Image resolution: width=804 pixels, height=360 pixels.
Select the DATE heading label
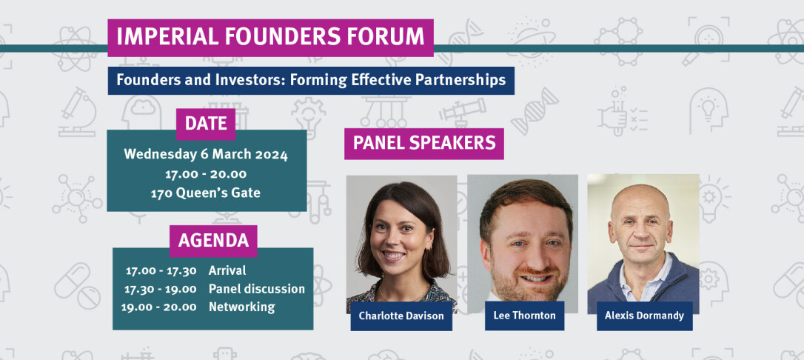206,124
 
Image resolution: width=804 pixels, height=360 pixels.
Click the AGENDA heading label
213,241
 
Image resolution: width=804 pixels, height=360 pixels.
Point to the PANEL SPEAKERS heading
424,143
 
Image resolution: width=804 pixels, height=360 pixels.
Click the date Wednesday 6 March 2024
206,155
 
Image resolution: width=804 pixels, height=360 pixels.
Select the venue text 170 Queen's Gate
206,193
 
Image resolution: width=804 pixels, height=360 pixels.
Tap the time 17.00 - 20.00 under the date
206,174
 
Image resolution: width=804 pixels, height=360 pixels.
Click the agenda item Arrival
227,270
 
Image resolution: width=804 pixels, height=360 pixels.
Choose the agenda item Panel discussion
256,289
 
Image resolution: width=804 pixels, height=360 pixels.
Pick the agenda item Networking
241,307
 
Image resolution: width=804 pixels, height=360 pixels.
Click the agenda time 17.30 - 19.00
161,289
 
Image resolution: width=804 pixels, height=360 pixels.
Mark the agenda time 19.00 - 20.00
159,307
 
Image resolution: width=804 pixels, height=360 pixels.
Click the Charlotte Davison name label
401,316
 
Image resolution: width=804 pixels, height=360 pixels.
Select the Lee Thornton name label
524,316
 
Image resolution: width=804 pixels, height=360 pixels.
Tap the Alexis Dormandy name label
644,316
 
